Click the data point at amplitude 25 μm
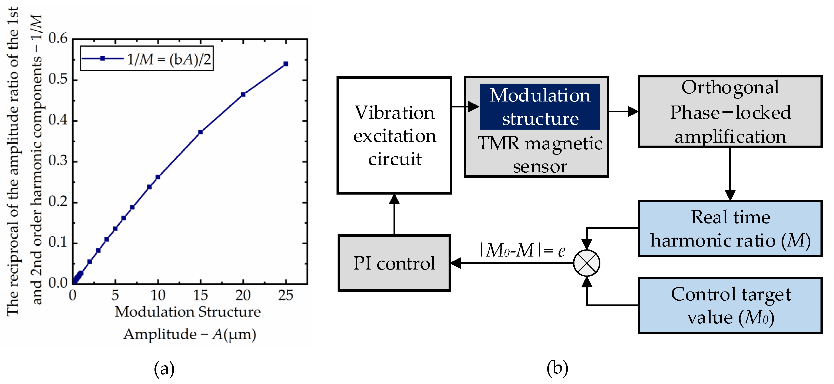pyautogui.click(x=285, y=64)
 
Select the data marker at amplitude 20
pyautogui.click(x=243, y=94)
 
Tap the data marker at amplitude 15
pyautogui.click(x=200, y=132)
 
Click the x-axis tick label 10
pyautogui.click(x=158, y=296)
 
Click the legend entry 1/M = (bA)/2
pyautogui.click(x=147, y=59)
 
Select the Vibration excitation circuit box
pyautogui.click(x=394, y=135)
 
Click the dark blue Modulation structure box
pyautogui.click(x=539, y=107)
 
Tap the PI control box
pyautogui.click(x=394, y=263)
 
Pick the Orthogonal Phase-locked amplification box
pyautogui.click(x=730, y=111)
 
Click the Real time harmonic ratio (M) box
pyautogui.click(x=730, y=229)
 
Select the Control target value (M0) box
pyautogui.click(x=730, y=306)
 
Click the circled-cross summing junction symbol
pyautogui.click(x=586, y=263)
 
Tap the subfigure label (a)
pyautogui.click(x=164, y=369)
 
